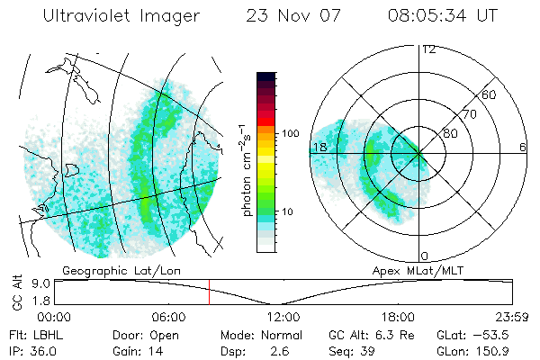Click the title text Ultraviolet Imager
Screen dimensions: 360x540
[x=122, y=16]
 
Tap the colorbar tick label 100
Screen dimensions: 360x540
[x=290, y=133]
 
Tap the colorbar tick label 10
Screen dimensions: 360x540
[x=286, y=211]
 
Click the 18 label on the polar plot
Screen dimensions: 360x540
[x=319, y=147]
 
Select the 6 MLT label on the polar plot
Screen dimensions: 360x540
[x=523, y=147]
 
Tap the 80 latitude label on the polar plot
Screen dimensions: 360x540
[x=451, y=133]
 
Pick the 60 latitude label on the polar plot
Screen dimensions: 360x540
[x=490, y=94]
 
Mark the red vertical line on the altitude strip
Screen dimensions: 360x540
[x=209, y=292]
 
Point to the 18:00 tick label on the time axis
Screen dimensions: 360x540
[x=398, y=317]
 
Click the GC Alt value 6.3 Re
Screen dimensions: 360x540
[x=392, y=333]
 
